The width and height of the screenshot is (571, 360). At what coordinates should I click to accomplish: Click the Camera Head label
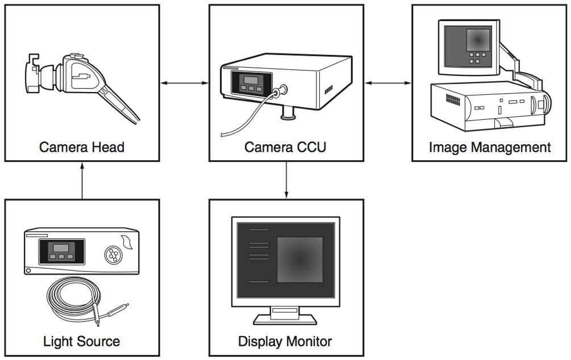81,148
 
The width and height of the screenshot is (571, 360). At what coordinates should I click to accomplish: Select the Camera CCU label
285,148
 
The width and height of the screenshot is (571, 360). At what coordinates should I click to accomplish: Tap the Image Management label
490,148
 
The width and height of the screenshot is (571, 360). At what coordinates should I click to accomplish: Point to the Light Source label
81,341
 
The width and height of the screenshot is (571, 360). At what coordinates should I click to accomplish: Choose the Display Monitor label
285,341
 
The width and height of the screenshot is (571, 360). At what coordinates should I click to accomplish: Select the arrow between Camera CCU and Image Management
387,83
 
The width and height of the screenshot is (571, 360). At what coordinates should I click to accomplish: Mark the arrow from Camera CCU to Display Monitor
286,179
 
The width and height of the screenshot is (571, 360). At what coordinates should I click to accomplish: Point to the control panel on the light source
61,252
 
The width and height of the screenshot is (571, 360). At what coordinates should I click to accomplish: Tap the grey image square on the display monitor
299,259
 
